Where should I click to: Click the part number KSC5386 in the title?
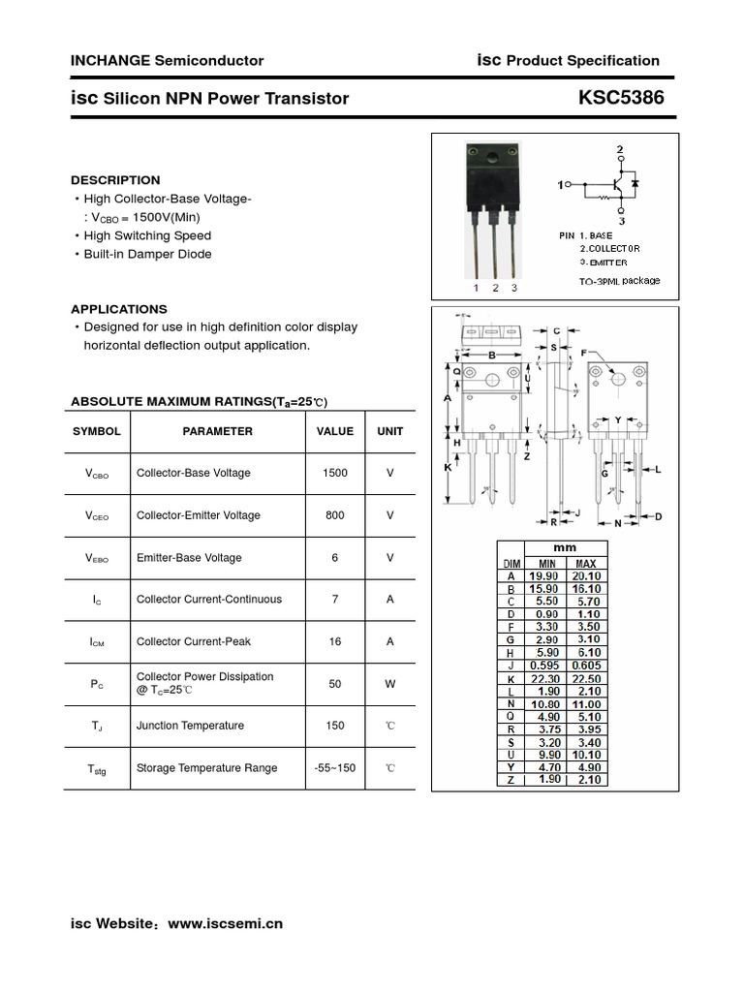coord(621,98)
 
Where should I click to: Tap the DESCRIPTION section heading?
coord(115,180)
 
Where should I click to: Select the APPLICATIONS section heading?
coord(118,309)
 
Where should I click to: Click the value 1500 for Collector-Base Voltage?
coord(335,473)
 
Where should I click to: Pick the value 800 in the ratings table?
coord(335,515)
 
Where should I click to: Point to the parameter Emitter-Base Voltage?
coord(189,558)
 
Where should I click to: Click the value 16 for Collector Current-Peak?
coord(335,641)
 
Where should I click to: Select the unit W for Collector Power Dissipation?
coord(390,684)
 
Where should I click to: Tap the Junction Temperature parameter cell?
coord(191,726)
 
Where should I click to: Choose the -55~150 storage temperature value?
coord(335,768)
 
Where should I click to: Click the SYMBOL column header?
coord(97,431)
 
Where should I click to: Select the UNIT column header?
coord(390,431)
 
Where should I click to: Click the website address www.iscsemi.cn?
coord(226,924)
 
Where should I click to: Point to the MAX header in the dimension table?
coord(585,563)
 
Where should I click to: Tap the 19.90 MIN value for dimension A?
coord(546,574)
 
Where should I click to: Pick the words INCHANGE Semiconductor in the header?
coord(167,60)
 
